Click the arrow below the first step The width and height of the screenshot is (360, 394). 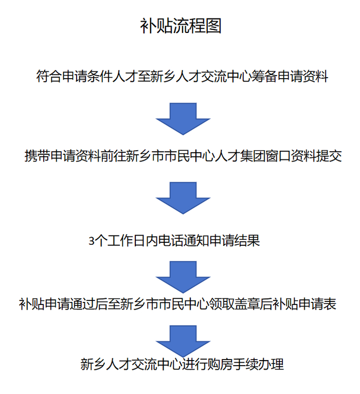pyautogui.click(x=183, y=118)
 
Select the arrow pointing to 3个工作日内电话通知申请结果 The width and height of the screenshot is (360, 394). pyautogui.click(x=183, y=197)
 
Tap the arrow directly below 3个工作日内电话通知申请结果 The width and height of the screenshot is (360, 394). pyautogui.click(x=183, y=275)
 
